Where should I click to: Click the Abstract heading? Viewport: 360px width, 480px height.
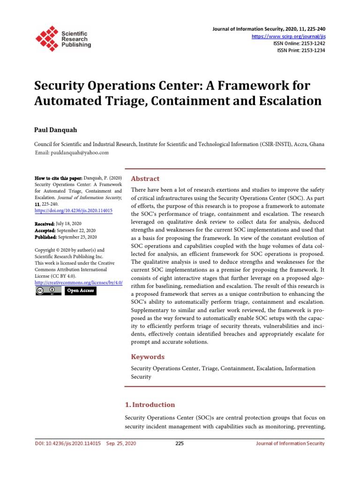[x=145, y=179]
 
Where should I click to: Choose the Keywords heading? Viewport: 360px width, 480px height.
[x=148, y=357]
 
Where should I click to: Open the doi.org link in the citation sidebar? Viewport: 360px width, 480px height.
[x=74, y=211]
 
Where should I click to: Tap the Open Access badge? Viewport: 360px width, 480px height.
[x=80, y=291]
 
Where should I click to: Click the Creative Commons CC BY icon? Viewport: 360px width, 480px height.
[x=48, y=291]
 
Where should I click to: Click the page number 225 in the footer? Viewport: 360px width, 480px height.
[x=180, y=443]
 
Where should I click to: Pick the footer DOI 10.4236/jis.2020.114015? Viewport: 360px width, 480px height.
[x=68, y=443]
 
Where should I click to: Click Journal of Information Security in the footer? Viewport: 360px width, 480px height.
[x=290, y=443]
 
